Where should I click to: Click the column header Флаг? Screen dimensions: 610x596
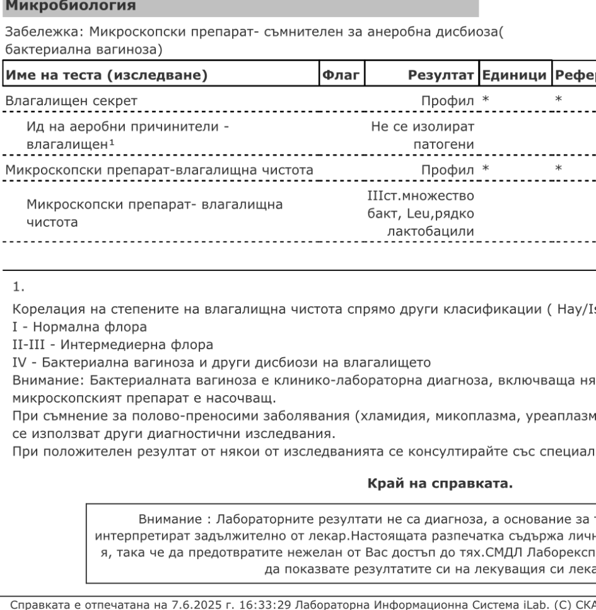tap(341, 76)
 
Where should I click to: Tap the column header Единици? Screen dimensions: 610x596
tap(515, 76)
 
